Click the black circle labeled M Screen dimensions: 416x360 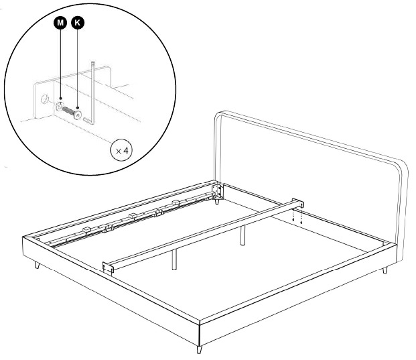pos(60,23)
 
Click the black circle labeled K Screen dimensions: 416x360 pos(78,23)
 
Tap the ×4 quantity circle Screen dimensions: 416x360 pos(121,150)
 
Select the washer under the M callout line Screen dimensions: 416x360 pos(60,107)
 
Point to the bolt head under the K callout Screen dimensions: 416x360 pos(78,115)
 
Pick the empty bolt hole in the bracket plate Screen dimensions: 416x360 pos(45,100)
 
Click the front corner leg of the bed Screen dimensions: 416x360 pos(199,349)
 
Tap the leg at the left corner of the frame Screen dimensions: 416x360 pos(37,265)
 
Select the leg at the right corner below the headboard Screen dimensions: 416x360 pos(385,271)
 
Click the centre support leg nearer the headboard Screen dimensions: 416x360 pos(242,235)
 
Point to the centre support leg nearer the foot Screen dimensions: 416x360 pos(174,259)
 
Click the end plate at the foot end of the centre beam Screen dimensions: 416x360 pos(108,267)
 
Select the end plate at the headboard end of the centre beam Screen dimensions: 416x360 pos(297,203)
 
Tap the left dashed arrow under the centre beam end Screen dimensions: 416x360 pos(293,217)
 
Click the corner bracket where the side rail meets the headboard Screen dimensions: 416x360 pos(218,191)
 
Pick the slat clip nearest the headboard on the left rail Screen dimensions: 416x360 pos(176,202)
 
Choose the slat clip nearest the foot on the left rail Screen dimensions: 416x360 pos(87,229)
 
